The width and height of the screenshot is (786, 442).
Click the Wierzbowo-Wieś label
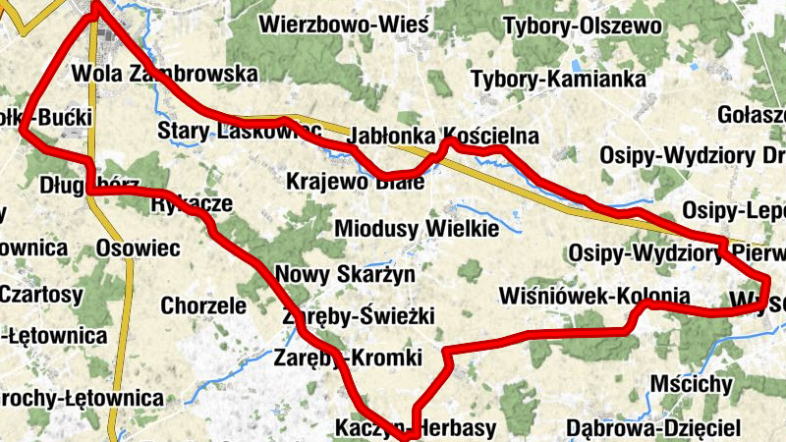tap(344, 24)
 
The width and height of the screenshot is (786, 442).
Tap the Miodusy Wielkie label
tap(418, 229)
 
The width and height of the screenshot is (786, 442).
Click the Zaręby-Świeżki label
tap(358, 316)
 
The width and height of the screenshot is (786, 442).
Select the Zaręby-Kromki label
tap(349, 357)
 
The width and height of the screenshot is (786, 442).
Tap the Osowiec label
tap(138, 249)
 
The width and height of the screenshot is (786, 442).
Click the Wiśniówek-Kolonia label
tap(594, 296)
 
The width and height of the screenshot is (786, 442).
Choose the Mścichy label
tap(692, 383)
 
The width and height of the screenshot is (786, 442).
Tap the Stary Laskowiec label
tap(240, 131)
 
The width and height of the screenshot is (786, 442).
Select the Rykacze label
tap(193, 204)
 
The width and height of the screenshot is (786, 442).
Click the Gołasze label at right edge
tap(752, 115)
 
